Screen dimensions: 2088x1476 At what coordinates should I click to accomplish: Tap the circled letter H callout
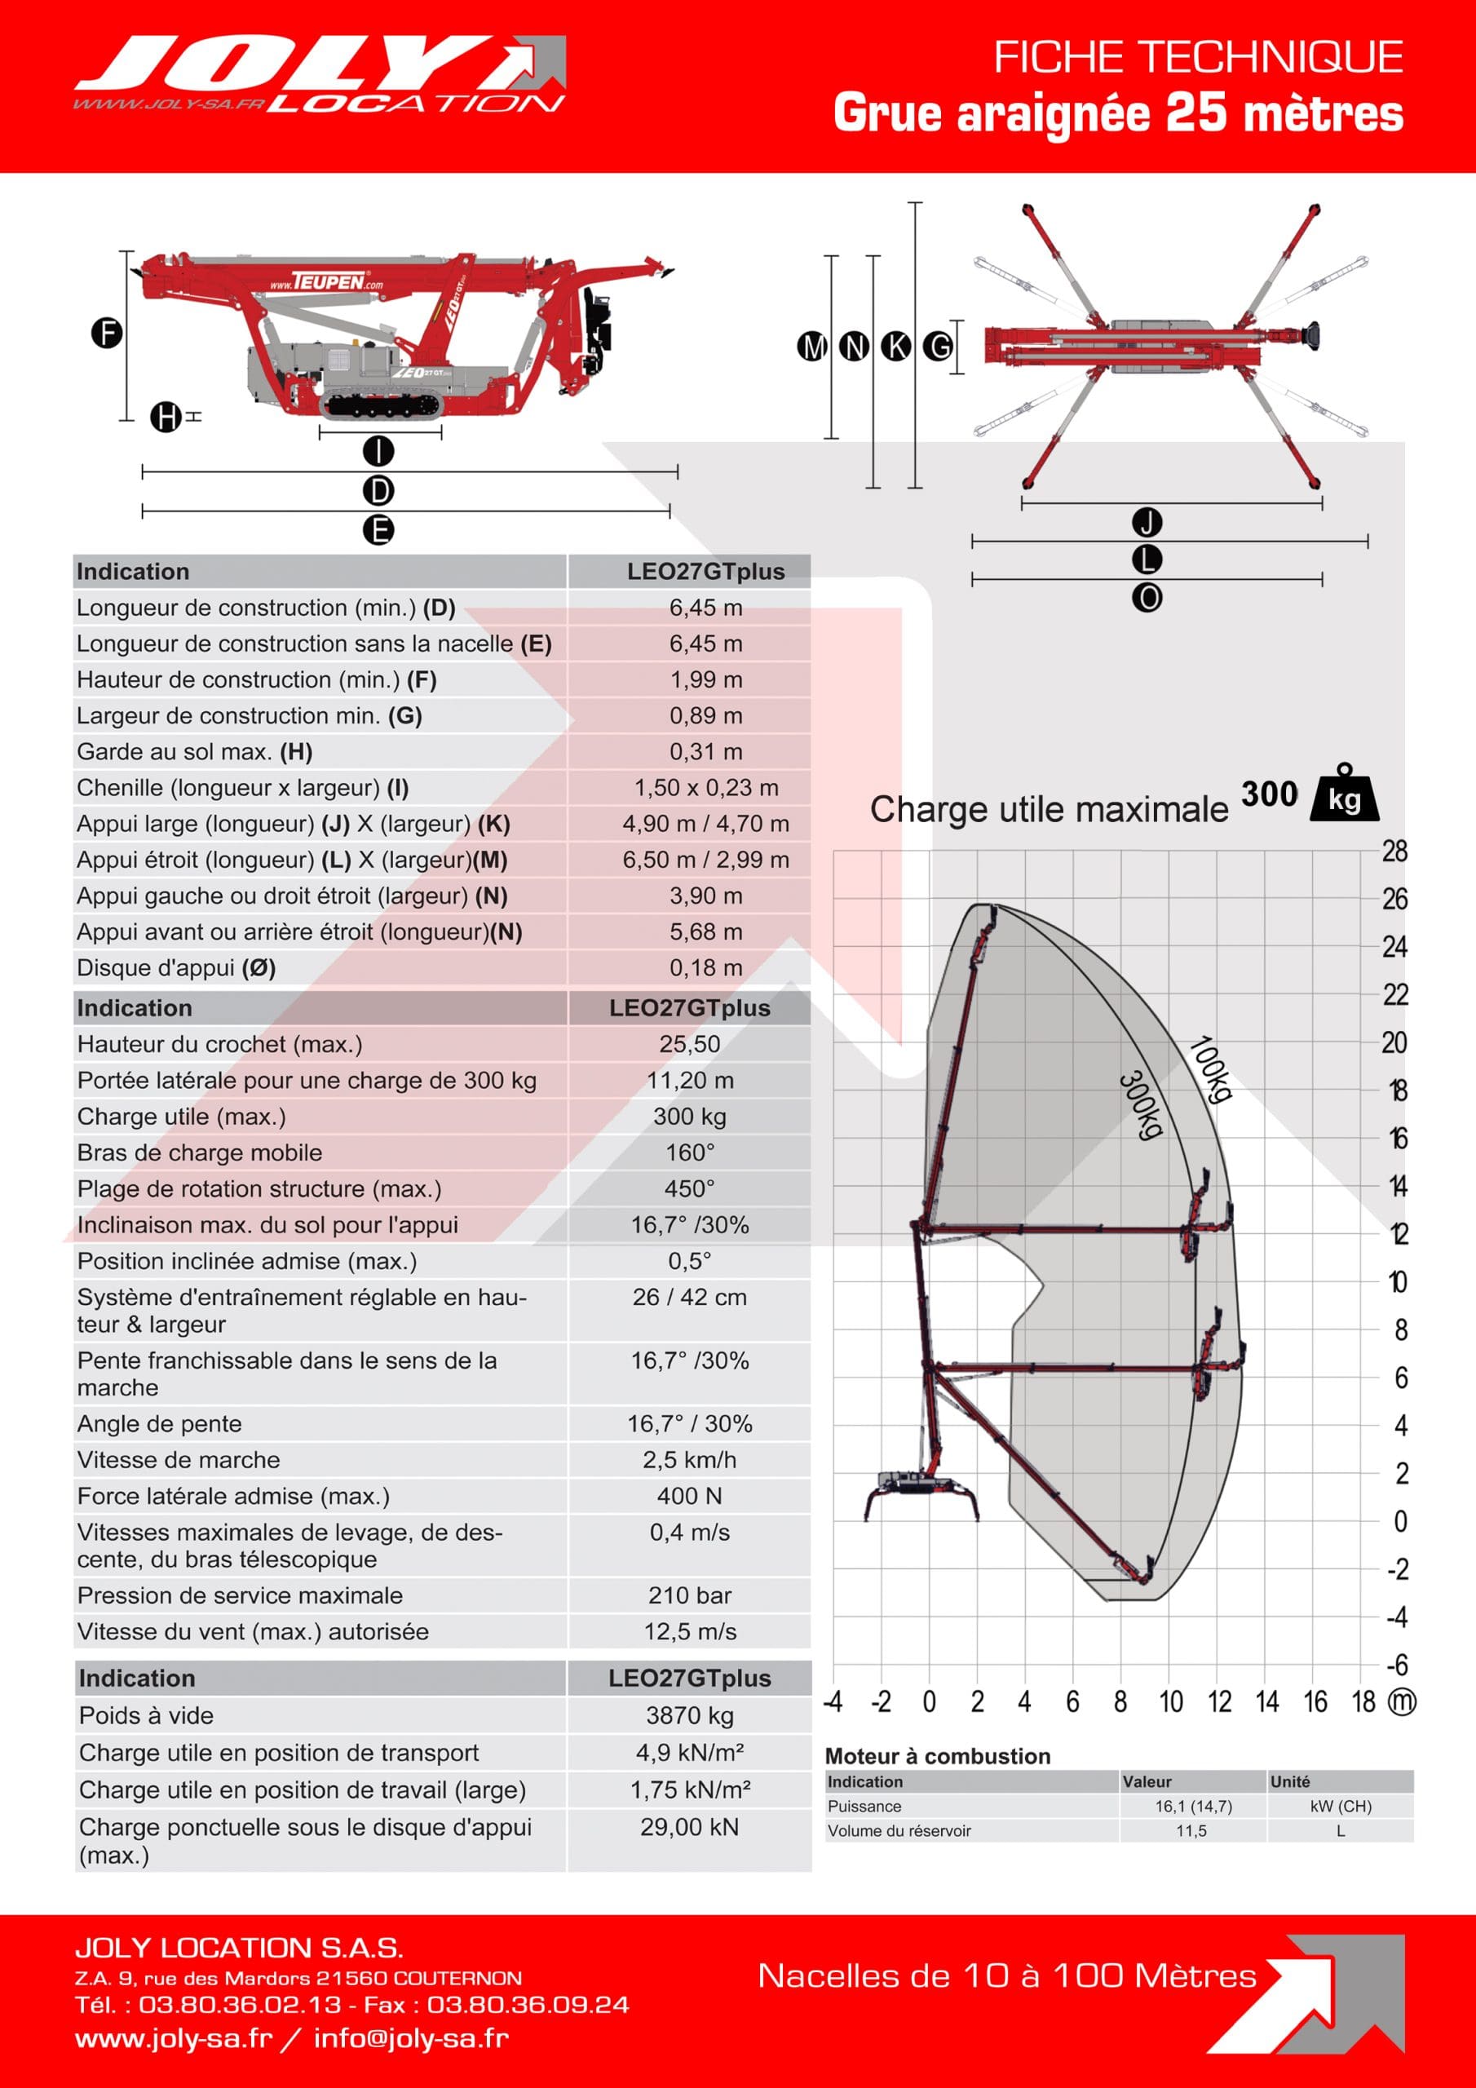(x=166, y=418)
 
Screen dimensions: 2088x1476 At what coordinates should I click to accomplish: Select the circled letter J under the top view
(x=1147, y=523)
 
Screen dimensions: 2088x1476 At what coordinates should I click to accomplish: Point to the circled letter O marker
(x=1147, y=598)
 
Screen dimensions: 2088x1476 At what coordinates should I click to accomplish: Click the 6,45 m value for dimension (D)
(x=705, y=608)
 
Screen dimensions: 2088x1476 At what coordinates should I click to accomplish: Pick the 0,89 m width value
(x=705, y=715)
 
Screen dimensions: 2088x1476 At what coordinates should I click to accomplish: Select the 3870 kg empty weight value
(x=689, y=1715)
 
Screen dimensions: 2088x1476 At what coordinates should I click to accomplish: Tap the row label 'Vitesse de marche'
(x=179, y=1460)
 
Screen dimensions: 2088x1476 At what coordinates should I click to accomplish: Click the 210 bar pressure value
(x=689, y=1595)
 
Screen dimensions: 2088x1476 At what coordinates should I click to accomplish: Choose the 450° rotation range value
(x=689, y=1188)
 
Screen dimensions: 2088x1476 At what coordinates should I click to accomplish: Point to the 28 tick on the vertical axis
(x=1394, y=852)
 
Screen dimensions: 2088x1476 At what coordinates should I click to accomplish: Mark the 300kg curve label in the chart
(x=1140, y=1104)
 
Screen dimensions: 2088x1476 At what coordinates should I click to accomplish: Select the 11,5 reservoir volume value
(x=1191, y=1830)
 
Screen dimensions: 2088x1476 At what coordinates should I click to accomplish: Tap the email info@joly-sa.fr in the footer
(x=411, y=2038)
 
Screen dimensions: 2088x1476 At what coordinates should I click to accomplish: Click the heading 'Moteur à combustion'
(x=937, y=1756)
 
